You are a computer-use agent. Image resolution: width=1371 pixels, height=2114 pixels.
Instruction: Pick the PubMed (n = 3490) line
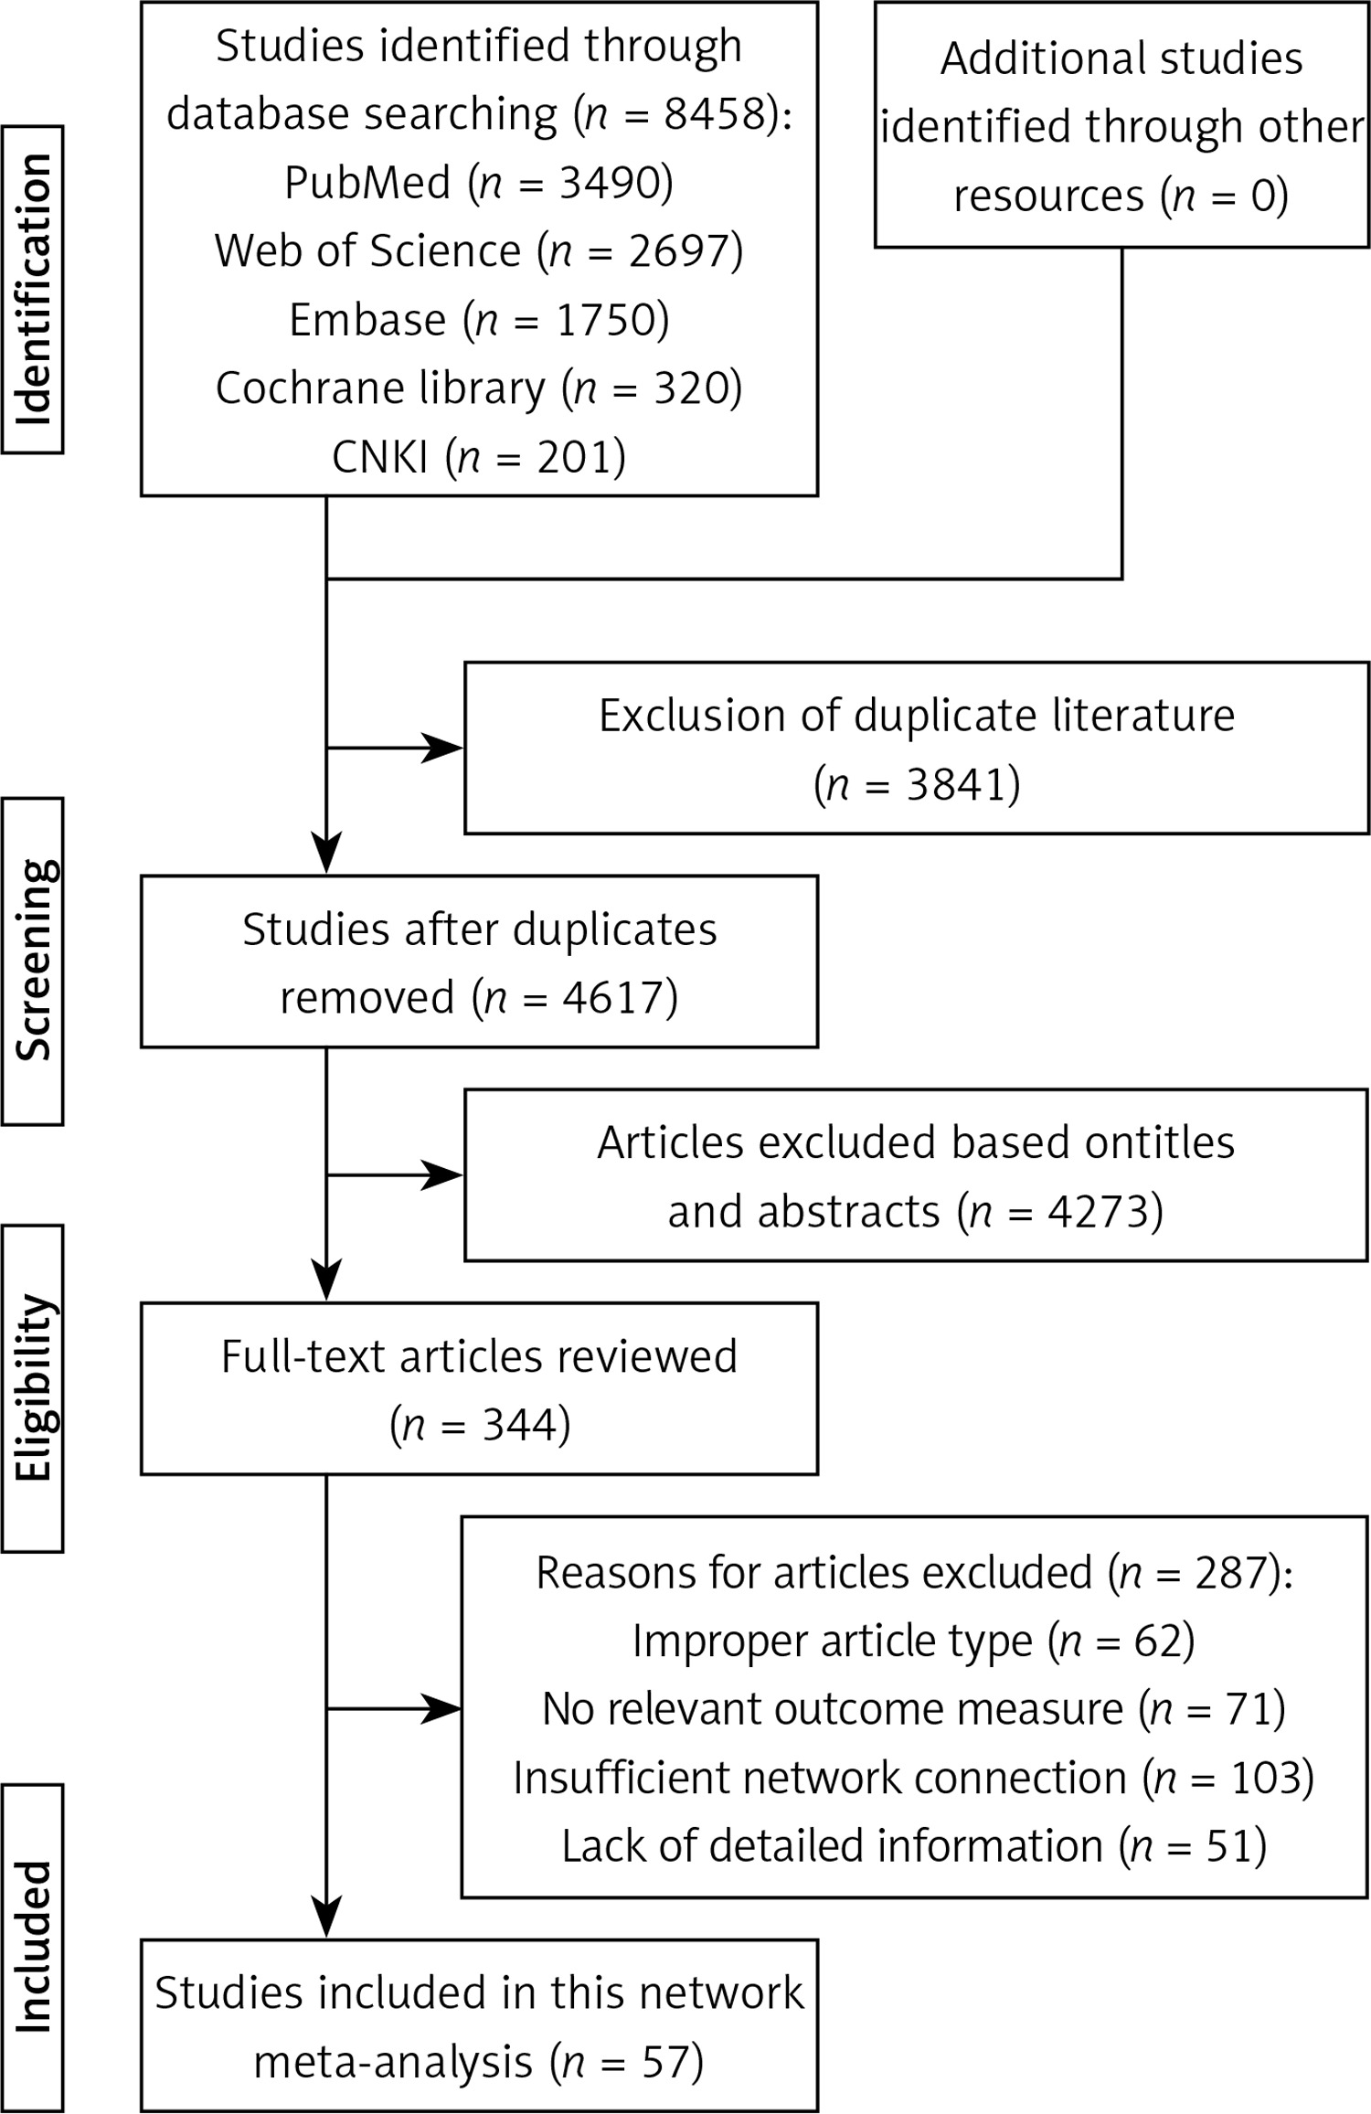[479, 182]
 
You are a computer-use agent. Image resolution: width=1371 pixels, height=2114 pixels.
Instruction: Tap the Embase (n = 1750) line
[479, 319]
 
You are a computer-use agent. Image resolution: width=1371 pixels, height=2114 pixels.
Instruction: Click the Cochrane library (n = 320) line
[479, 388]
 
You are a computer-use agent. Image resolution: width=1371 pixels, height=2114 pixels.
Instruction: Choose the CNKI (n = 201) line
[479, 456]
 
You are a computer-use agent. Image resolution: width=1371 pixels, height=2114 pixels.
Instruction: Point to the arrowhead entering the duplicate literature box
[442, 748]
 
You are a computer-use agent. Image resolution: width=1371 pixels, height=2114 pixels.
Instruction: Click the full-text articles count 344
[519, 1425]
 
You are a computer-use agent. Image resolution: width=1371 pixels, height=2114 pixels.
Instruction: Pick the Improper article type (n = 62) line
[914, 1641]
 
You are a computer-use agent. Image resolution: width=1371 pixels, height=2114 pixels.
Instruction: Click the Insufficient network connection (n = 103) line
[914, 1778]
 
